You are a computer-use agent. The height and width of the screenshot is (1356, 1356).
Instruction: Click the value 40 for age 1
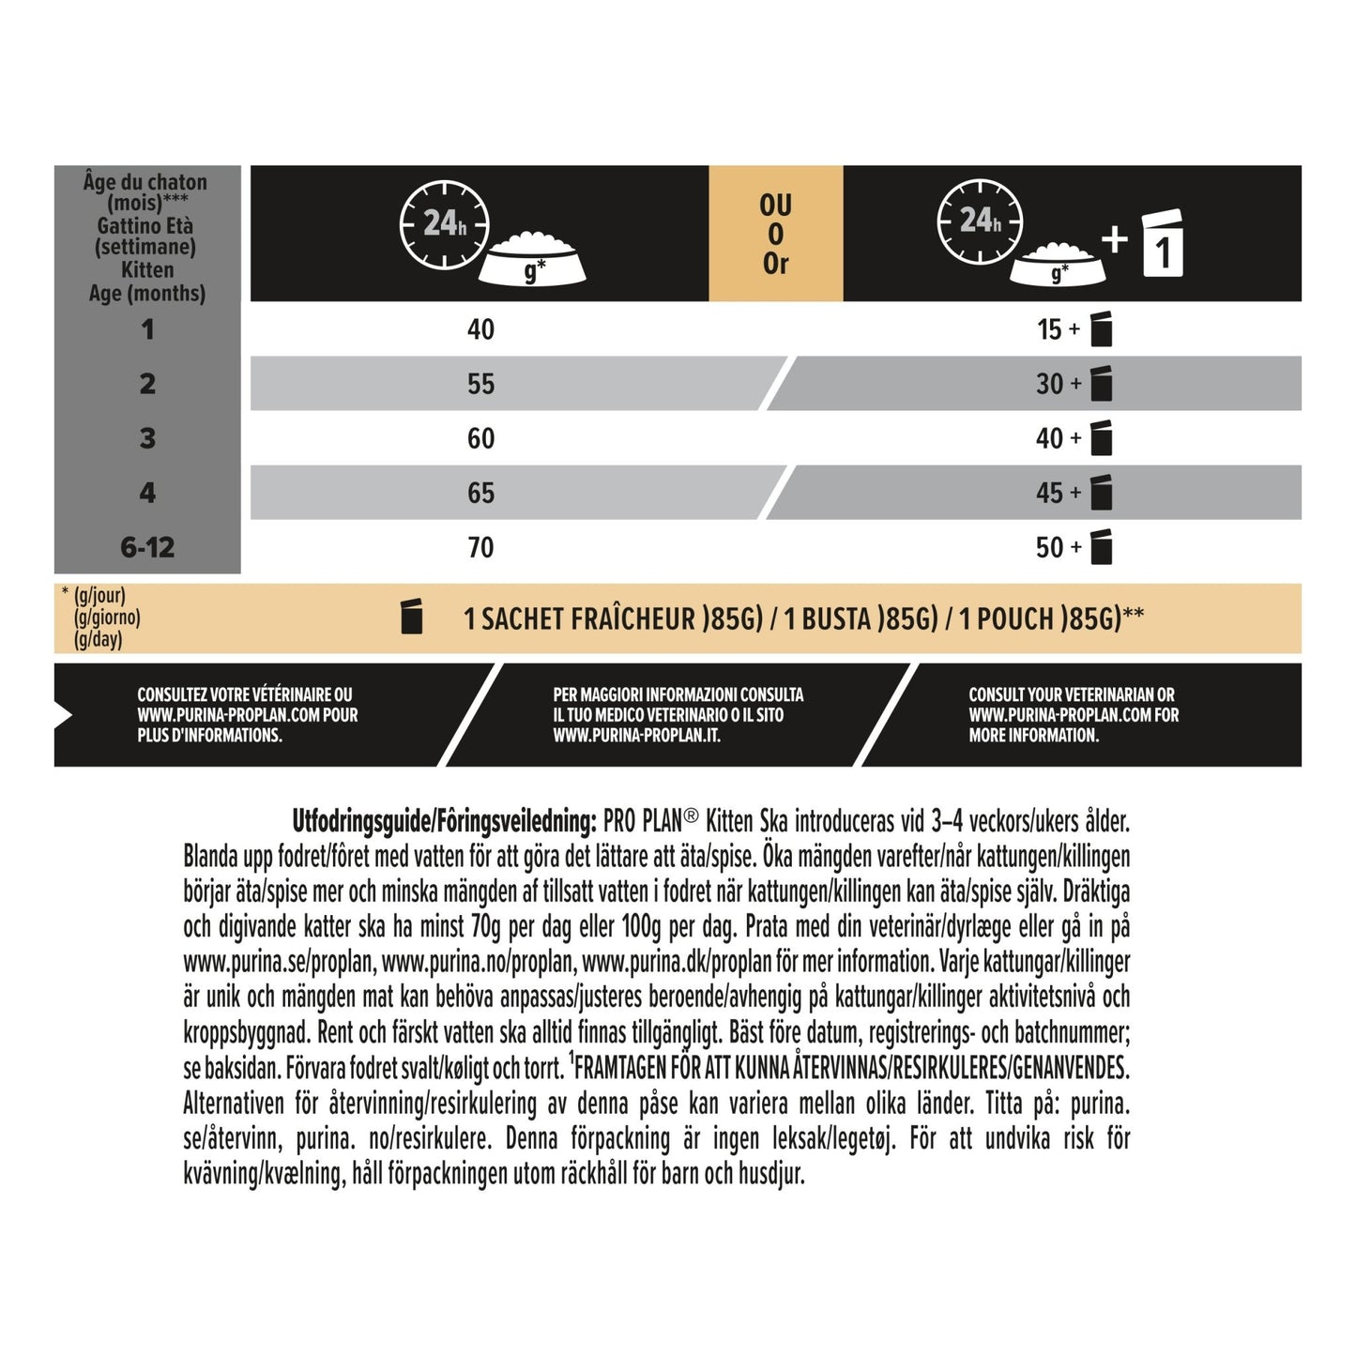click(480, 329)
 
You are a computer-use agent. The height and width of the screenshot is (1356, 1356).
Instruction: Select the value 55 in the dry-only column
click(480, 384)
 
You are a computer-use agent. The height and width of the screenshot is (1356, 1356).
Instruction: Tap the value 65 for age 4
click(480, 493)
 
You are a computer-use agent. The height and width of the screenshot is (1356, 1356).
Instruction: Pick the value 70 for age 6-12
click(480, 547)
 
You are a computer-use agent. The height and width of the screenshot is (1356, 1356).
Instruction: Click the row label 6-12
click(147, 547)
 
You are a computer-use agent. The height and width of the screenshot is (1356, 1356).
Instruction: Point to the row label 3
click(147, 438)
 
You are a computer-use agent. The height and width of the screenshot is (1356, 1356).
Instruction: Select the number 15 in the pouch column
click(1049, 329)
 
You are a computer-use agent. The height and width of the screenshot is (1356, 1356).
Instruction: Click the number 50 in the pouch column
click(1049, 547)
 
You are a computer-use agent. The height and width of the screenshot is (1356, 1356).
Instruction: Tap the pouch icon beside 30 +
click(1102, 384)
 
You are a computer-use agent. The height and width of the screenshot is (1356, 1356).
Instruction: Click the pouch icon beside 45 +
click(1102, 493)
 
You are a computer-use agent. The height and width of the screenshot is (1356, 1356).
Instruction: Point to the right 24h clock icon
click(980, 221)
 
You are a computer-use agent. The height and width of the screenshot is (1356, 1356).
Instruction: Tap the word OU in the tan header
click(776, 205)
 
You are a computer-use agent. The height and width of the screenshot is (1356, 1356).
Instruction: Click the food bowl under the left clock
click(532, 260)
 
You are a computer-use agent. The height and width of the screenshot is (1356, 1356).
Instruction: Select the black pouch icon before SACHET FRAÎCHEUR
click(411, 617)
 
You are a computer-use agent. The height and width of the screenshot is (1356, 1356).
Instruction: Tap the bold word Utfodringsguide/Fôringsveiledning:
click(444, 822)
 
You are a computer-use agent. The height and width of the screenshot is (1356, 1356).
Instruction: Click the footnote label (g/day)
click(98, 640)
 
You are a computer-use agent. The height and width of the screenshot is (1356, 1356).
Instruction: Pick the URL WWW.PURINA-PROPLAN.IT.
click(636, 736)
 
